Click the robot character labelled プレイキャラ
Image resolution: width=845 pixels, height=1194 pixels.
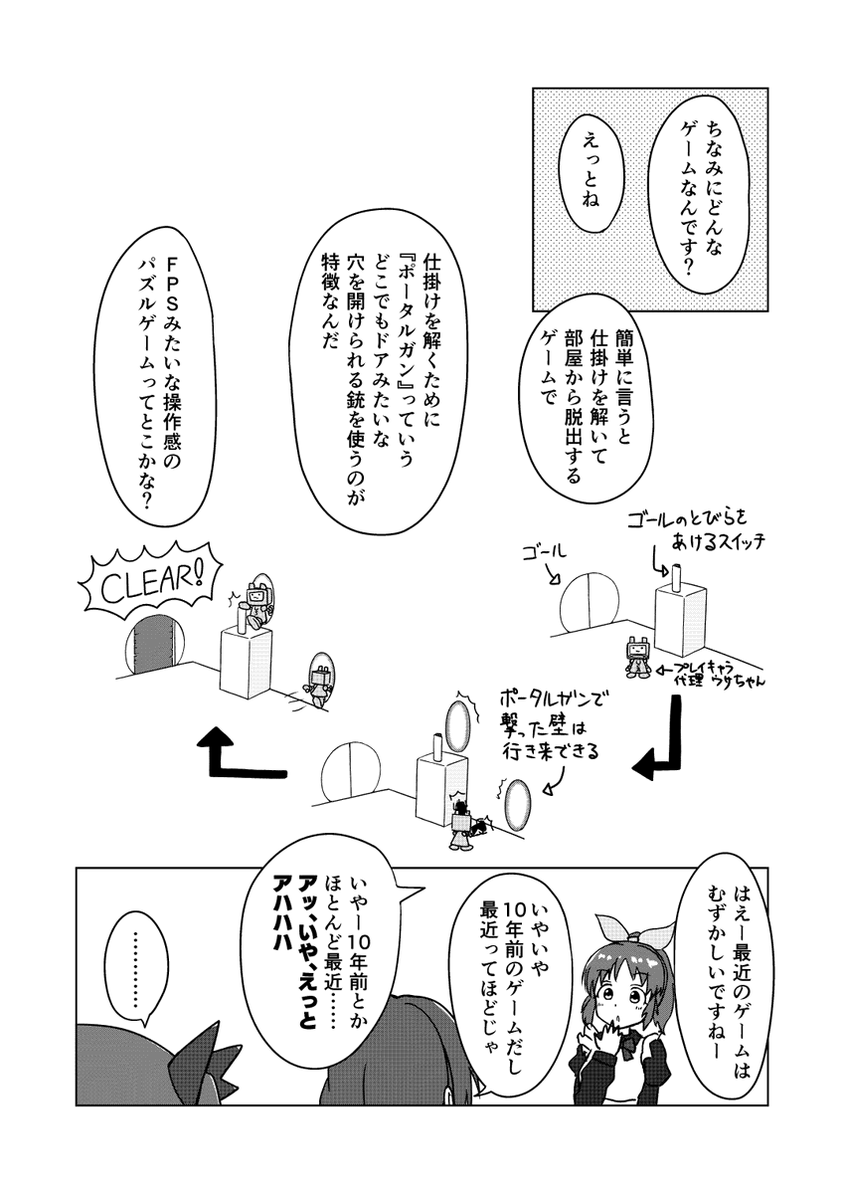639,657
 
